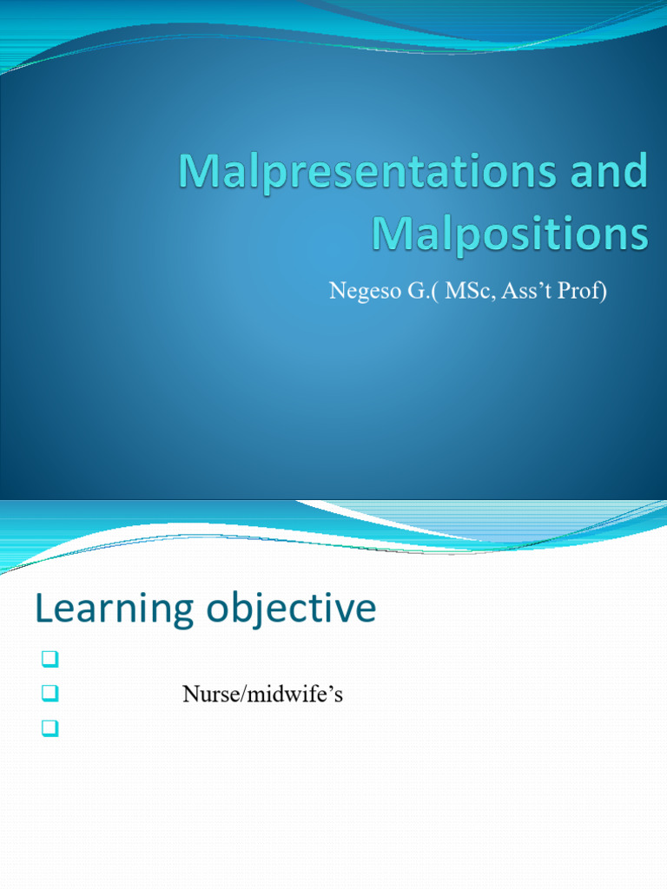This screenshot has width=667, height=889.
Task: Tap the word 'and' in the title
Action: (610, 174)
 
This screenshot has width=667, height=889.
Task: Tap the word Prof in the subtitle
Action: (584, 291)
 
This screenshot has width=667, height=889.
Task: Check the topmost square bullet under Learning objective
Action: (49, 662)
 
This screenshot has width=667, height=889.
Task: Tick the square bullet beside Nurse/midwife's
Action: (49, 695)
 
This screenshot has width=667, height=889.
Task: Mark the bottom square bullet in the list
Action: (49, 728)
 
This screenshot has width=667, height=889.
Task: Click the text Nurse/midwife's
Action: (262, 695)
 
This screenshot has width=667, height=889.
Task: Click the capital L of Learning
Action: (43, 609)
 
